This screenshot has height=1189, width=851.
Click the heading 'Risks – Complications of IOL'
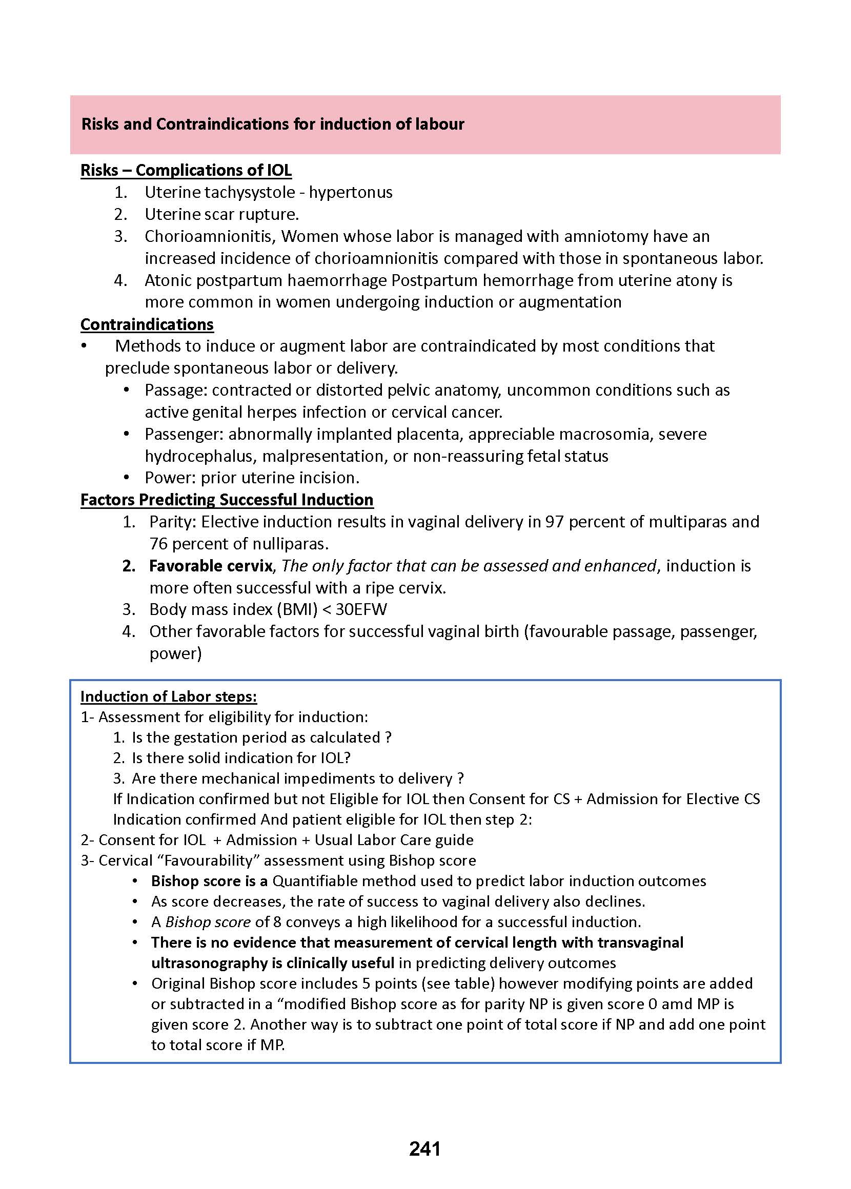pos(186,170)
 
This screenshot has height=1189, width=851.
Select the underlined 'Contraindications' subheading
pos(147,324)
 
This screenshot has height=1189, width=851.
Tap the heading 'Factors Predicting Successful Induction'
pos(227,500)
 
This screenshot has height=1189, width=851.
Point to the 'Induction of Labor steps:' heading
pos(168,696)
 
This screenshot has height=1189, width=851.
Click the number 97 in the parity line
pos(554,522)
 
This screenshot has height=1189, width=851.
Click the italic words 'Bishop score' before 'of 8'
pos(208,922)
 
